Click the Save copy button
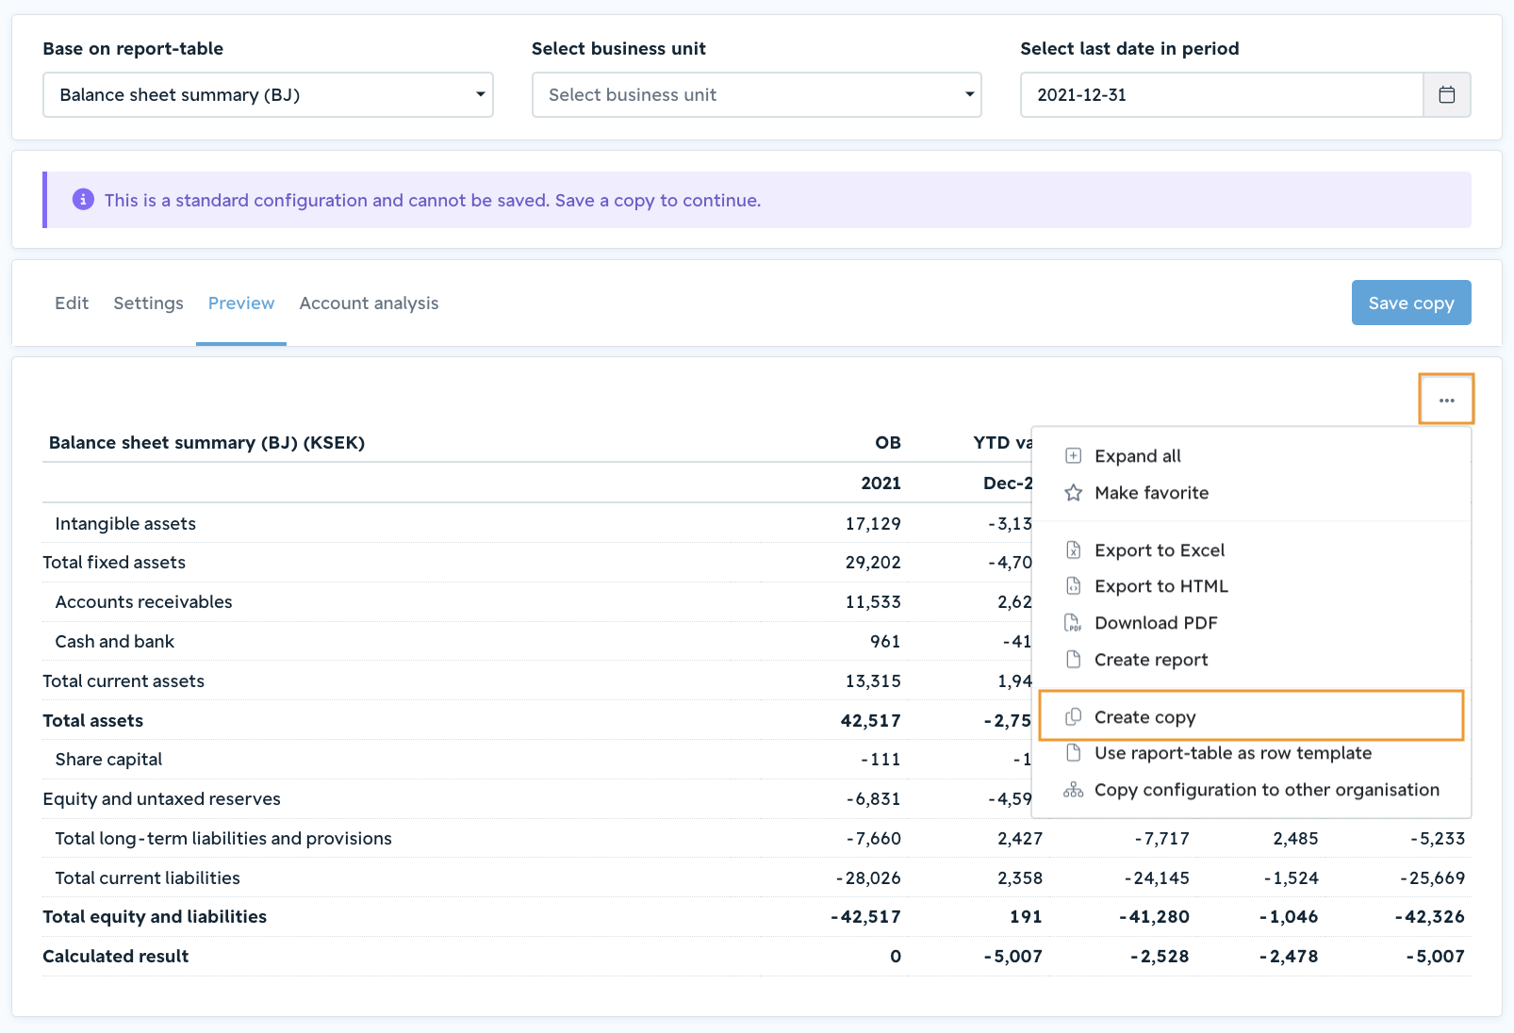coord(1410,303)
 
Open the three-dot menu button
coord(1446,400)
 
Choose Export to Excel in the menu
coord(1160,549)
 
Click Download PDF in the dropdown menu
coord(1156,622)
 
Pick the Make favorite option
coord(1151,493)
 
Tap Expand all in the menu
coord(1138,456)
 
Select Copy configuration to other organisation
coord(1267,790)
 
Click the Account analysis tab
coord(369,303)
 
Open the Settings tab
coord(148,303)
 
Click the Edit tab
coord(72,303)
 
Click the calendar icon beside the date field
coord(1446,94)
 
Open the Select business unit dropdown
coord(756,94)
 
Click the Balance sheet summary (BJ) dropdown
coord(268,94)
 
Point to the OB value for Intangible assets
coord(873,524)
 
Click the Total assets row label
coord(92,720)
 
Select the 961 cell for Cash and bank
coord(885,641)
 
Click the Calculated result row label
coord(116,956)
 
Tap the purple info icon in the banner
coord(83,199)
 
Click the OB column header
coord(887,443)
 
